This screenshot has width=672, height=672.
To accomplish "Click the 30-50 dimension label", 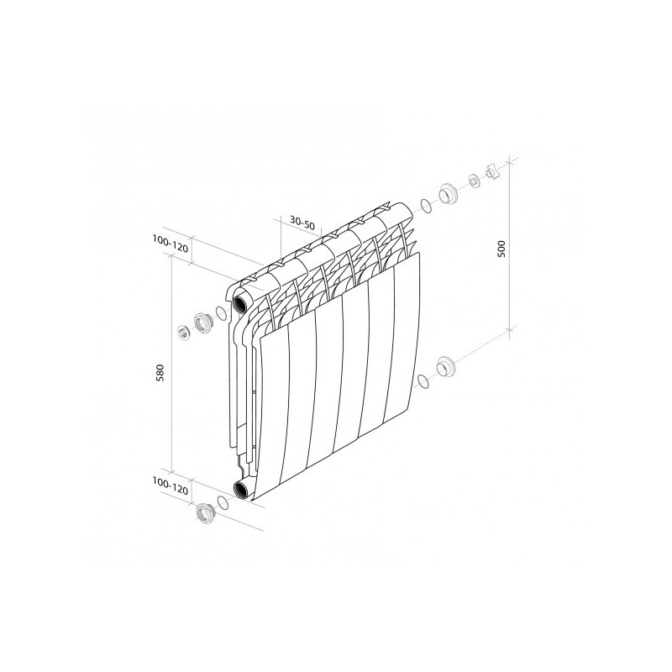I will coord(301,223).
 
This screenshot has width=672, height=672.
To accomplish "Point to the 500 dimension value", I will coord(501,248).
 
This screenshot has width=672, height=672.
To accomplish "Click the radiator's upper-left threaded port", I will coord(243,298).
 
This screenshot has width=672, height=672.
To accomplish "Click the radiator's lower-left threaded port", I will coord(243,490).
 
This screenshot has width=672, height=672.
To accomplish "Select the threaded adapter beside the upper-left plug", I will coord(202,322).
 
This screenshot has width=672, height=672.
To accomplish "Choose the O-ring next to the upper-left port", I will coord(221,313).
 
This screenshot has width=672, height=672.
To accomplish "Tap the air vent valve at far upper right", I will coord(494,173).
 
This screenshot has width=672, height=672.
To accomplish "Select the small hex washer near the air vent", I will coord(475,181).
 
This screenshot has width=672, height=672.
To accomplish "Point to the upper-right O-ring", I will coord(426,205).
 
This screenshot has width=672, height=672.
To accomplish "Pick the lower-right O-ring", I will coord(424,381).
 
